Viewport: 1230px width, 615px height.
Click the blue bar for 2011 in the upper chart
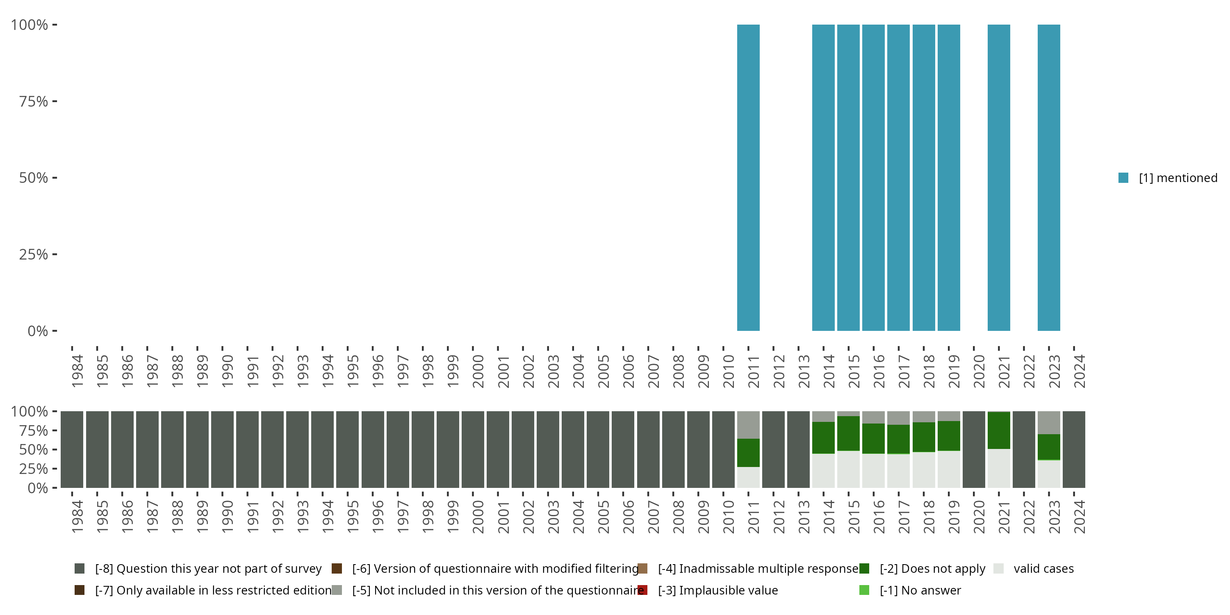click(x=748, y=178)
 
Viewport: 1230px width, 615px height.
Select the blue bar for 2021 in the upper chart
click(x=998, y=178)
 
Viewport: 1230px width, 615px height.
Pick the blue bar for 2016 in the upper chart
click(x=873, y=178)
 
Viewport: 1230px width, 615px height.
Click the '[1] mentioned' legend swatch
click(x=1123, y=178)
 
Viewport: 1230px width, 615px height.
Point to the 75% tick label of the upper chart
click(x=34, y=101)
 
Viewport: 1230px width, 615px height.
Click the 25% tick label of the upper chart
click(x=34, y=255)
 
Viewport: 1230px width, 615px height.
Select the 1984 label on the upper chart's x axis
click(x=77, y=371)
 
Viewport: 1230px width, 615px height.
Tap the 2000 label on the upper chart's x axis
click(x=478, y=371)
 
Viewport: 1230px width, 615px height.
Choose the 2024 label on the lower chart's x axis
click(x=1079, y=517)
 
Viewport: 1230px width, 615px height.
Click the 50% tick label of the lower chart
click(x=34, y=450)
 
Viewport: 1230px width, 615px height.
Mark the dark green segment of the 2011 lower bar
click(x=748, y=453)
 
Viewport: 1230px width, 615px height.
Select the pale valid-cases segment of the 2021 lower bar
click(x=998, y=468)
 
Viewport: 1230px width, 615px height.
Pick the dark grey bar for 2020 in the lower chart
click(x=974, y=449)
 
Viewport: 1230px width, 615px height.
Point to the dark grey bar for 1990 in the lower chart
click(x=223, y=449)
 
